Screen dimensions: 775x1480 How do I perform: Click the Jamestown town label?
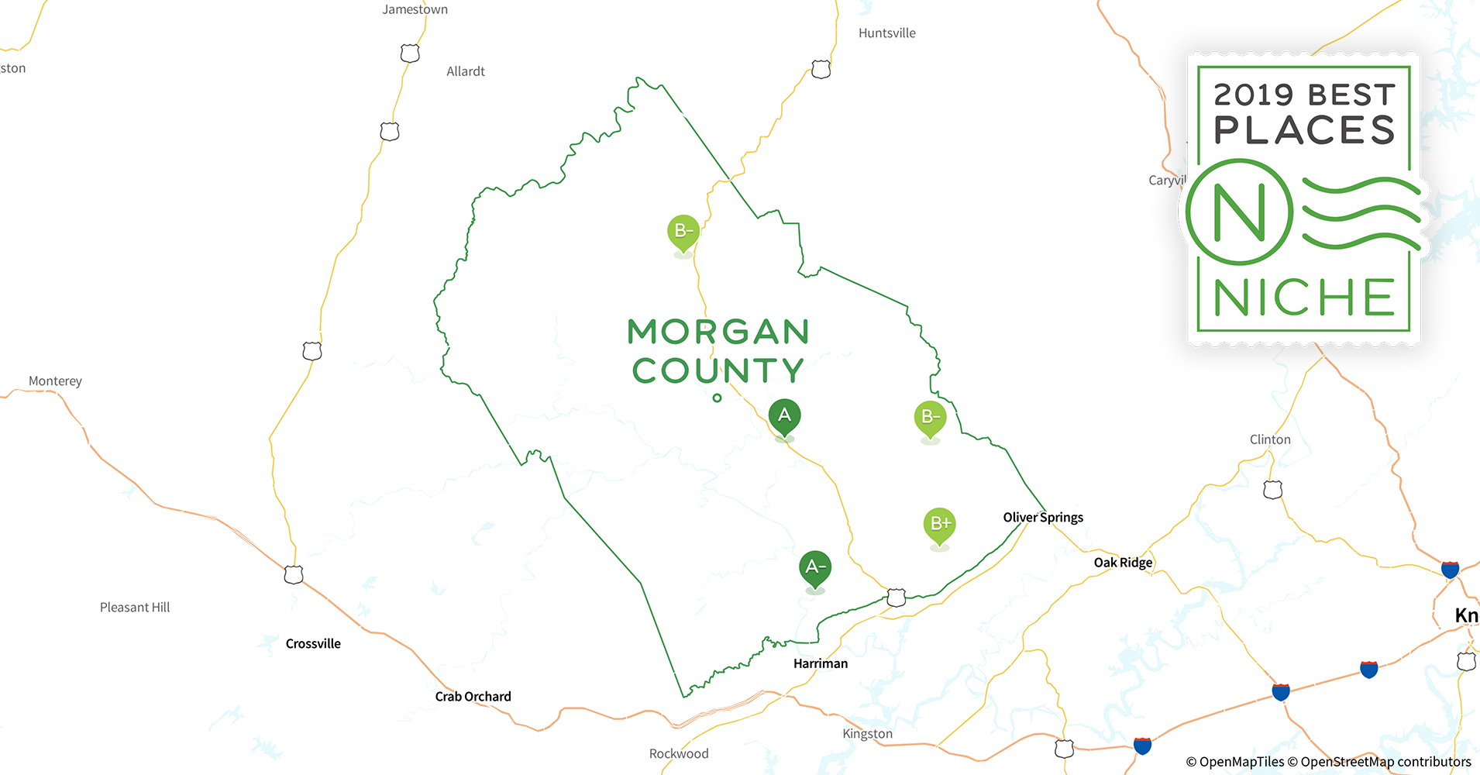(x=415, y=9)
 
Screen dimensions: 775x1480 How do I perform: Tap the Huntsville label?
(x=886, y=33)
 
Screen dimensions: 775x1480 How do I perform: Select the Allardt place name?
(x=466, y=71)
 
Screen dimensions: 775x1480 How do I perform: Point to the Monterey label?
(x=55, y=381)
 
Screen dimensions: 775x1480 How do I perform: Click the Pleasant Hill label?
(x=135, y=608)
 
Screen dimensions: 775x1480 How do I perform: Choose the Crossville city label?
(x=313, y=644)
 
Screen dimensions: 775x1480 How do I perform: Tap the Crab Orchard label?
(x=473, y=697)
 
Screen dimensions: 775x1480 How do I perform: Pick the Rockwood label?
(x=679, y=754)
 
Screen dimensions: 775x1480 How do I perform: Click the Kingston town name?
(x=867, y=734)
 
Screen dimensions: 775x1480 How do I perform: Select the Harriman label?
(x=821, y=663)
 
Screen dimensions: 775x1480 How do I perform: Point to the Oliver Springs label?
(x=1043, y=518)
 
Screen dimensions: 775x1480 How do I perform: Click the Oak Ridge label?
(x=1123, y=563)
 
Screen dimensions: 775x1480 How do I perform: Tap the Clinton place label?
(x=1270, y=439)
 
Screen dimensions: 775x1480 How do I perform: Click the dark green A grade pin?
(x=784, y=417)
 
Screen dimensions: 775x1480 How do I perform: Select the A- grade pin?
(x=814, y=568)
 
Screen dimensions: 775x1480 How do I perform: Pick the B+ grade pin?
(x=939, y=525)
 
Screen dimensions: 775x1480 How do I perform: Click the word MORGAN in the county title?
(x=718, y=332)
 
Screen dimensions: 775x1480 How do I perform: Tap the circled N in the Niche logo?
(x=1239, y=212)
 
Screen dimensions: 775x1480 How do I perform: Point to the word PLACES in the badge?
(x=1304, y=130)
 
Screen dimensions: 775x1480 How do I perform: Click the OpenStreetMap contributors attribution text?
(x=1385, y=762)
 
